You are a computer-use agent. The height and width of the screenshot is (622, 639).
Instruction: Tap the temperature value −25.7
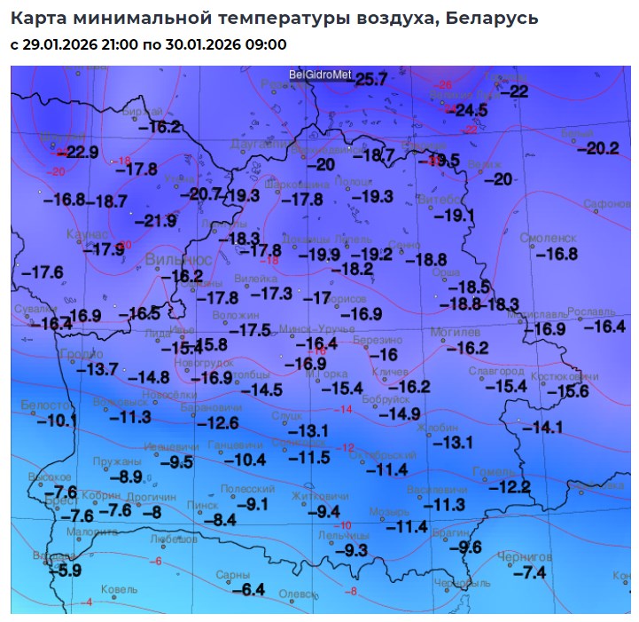pyautogui.click(x=370, y=80)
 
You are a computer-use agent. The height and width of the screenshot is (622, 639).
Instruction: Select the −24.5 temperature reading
pyautogui.click(x=471, y=111)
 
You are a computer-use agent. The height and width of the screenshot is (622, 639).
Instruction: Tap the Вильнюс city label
pyautogui.click(x=178, y=259)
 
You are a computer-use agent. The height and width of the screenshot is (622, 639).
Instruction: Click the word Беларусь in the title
pyautogui.click(x=489, y=18)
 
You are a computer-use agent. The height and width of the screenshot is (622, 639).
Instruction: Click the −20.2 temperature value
pyautogui.click(x=597, y=148)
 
